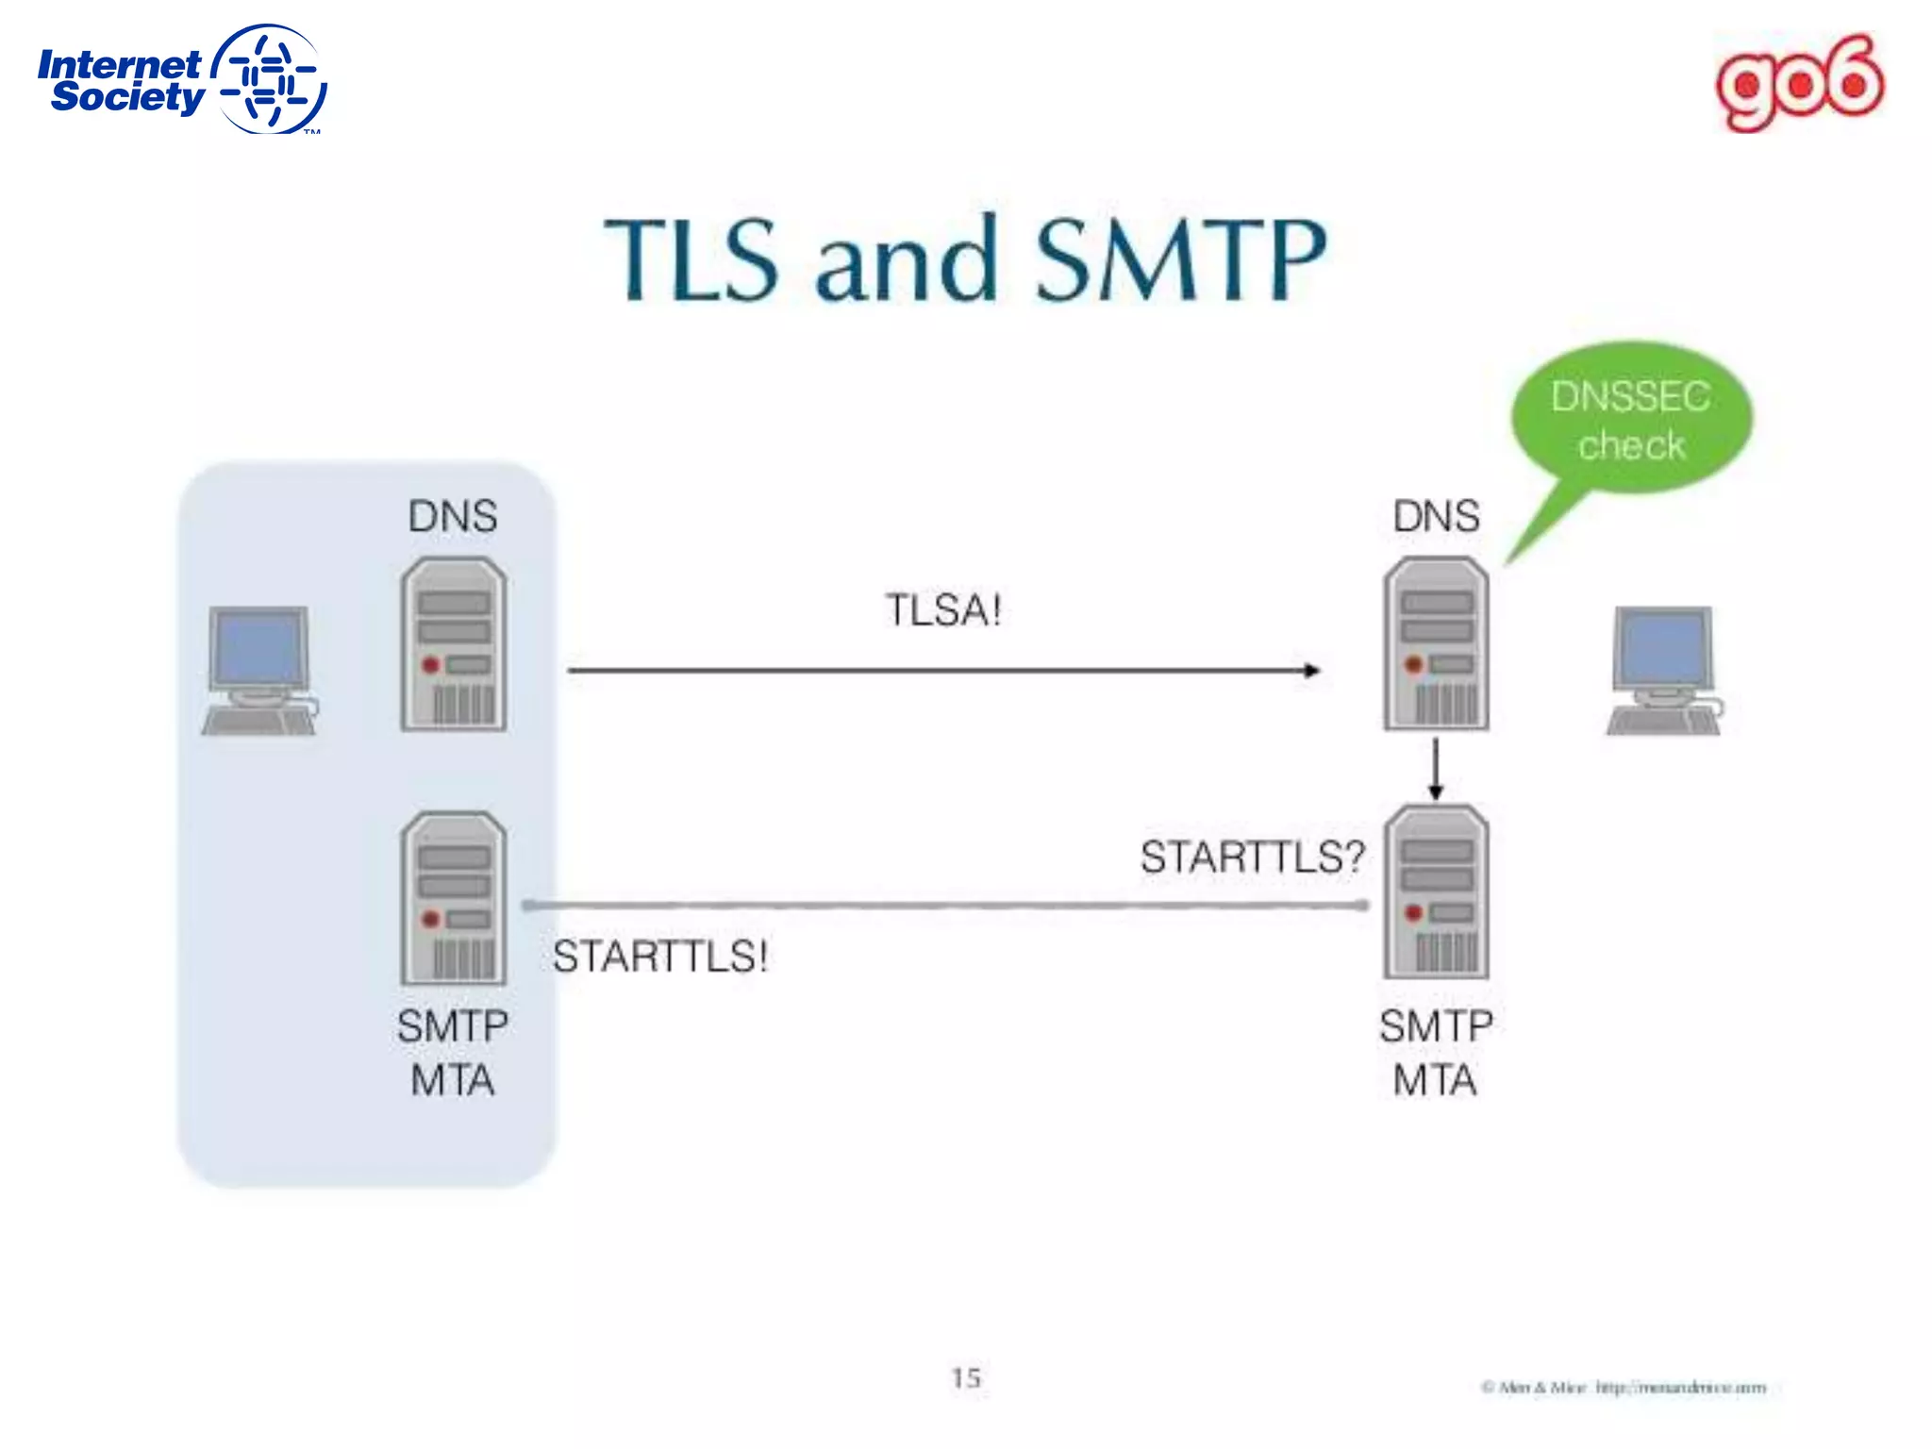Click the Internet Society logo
tap(181, 80)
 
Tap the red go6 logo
tap(1799, 83)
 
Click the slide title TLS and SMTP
tap(964, 259)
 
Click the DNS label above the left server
tap(453, 516)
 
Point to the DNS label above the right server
tap(1436, 516)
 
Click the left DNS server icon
tap(454, 644)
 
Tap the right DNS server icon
tap(1436, 644)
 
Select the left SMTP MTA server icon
tap(454, 898)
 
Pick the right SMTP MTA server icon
tap(1436, 892)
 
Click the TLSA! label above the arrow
tap(942, 610)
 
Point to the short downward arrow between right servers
tap(1436, 768)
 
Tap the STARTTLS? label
tap(1252, 857)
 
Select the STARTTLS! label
tap(659, 957)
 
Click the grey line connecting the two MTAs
tap(943, 906)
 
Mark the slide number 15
tap(966, 1378)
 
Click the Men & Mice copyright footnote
tap(1623, 1388)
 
